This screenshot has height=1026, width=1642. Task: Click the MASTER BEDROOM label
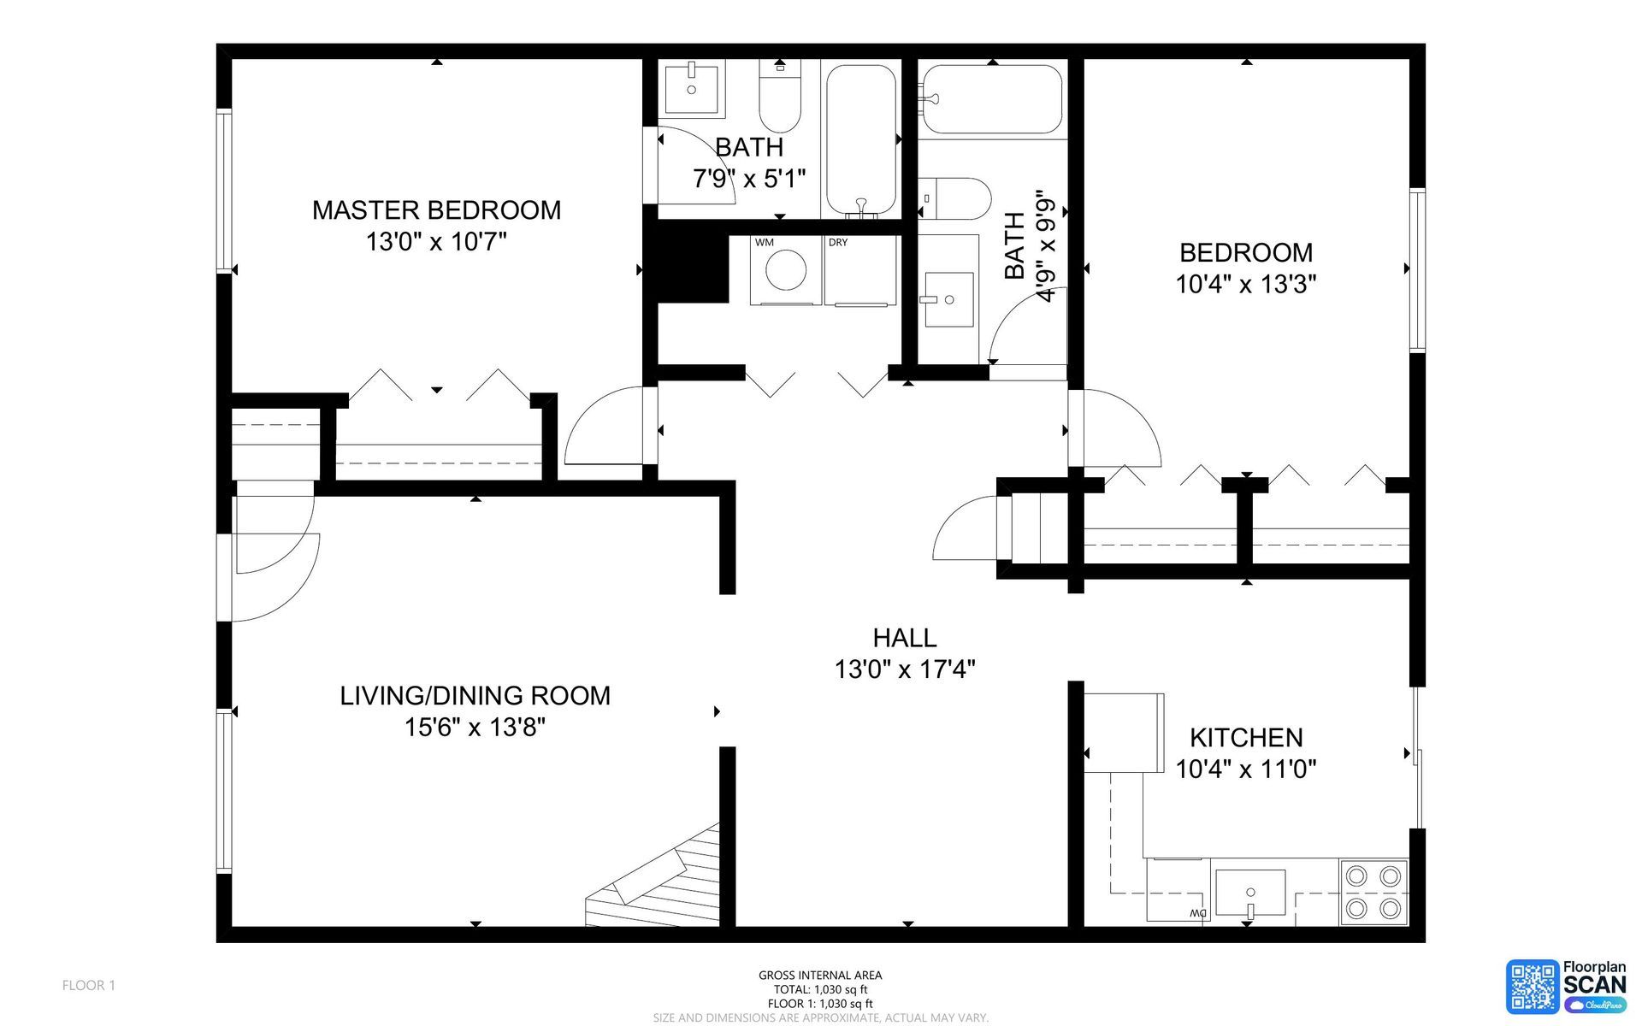coord(436,210)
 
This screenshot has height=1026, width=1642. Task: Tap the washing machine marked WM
coord(786,270)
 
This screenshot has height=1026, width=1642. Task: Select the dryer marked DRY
coord(859,270)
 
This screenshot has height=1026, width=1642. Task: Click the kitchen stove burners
coord(1372,891)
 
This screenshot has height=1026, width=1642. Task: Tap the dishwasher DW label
coord(1197,914)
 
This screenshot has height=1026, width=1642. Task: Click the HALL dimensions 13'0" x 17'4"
coord(905,669)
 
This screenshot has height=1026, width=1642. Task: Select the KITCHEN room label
coord(1246,737)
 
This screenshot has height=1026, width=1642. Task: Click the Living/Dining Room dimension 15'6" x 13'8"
coord(475,728)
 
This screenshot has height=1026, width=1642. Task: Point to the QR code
coord(1533,985)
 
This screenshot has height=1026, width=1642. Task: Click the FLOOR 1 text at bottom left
coord(89,985)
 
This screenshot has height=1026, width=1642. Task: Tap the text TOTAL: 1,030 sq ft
coord(820,989)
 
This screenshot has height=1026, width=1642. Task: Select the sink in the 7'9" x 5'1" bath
coord(692,86)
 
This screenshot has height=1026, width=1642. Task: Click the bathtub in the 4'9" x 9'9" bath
coord(991,98)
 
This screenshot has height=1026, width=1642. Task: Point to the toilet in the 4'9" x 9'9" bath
coord(954,198)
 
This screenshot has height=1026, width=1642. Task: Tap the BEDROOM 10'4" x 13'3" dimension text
coord(1245,285)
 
